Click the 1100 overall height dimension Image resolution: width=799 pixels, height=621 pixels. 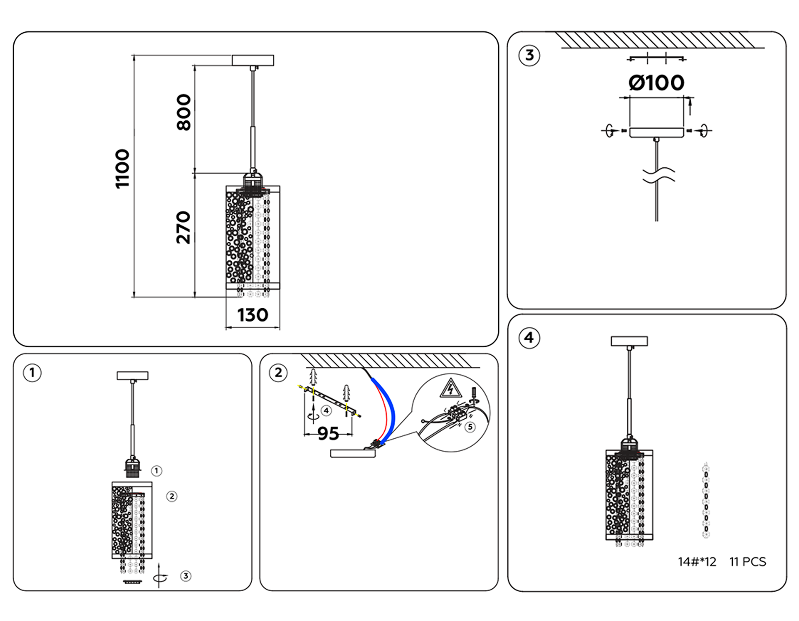point(122,169)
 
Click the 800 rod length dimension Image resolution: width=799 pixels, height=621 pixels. point(183,112)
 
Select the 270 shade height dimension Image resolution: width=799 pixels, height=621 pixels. point(183,228)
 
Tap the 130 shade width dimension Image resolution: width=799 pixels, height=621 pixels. point(253,315)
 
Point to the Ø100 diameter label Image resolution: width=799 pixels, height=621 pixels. point(657,83)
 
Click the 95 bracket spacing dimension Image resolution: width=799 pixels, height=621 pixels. point(328,433)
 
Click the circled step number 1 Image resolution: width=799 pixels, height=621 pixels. point(32,373)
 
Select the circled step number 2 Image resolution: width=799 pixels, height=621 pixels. point(278,373)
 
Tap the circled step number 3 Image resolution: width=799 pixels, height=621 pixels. point(529,56)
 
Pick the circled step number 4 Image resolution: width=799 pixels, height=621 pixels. point(529,338)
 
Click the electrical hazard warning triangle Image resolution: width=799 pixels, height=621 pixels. point(451,388)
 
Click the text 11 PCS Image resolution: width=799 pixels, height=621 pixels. point(748,562)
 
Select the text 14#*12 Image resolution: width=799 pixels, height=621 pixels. point(697,562)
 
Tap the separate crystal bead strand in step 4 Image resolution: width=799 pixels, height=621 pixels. point(706,500)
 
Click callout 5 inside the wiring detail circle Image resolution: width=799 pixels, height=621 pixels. point(470,427)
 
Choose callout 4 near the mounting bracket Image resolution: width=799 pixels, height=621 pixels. point(326,411)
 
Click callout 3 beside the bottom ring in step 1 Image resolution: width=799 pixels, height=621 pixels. point(186,576)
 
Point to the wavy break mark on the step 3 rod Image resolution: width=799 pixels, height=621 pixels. point(658,175)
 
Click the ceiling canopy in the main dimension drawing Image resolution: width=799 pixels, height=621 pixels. point(253,60)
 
